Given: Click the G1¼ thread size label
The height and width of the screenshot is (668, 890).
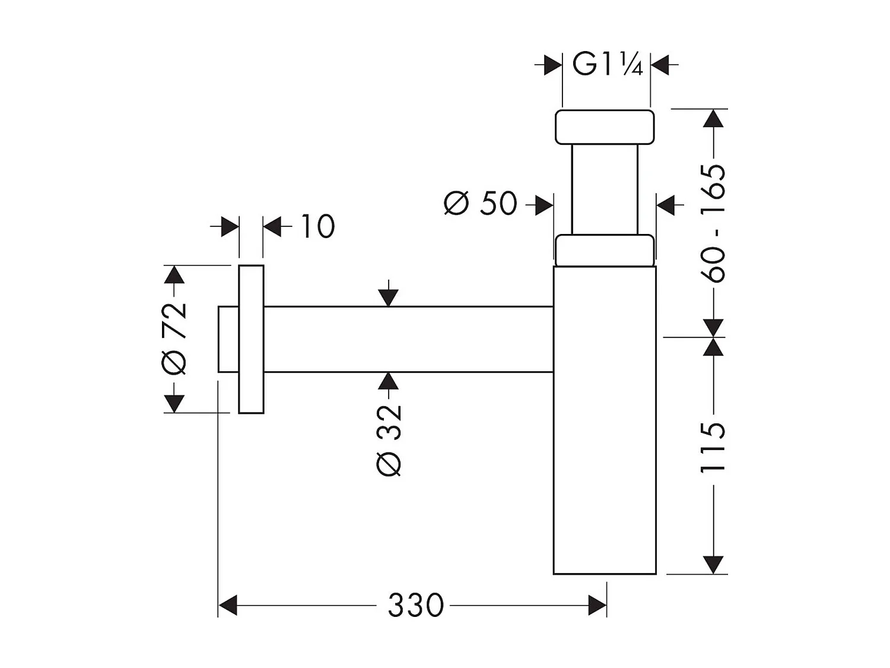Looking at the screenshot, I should coord(606,64).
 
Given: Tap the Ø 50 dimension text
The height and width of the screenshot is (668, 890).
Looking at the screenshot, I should coord(481,204).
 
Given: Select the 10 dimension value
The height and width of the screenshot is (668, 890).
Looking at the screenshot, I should coord(318,226).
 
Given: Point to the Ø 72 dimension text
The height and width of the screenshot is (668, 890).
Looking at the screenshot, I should coord(174,339).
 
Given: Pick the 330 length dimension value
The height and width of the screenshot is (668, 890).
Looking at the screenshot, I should coord(415,606).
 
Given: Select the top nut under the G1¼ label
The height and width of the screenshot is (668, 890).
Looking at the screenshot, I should coord(605,126).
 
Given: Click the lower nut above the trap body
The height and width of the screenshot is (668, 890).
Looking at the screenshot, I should coord(605,249).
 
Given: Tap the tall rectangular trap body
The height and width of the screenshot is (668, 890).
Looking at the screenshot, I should coord(605,420).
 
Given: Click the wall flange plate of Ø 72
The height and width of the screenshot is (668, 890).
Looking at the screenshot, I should coord(251,339).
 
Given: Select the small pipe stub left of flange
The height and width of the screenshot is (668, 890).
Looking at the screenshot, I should coord(228,339).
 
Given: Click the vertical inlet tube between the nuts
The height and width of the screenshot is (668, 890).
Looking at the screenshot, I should coord(605,189).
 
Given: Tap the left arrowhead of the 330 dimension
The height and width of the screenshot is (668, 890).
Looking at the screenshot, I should coord(228,606).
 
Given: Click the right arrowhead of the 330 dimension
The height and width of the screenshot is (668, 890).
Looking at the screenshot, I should coord(597,606).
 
